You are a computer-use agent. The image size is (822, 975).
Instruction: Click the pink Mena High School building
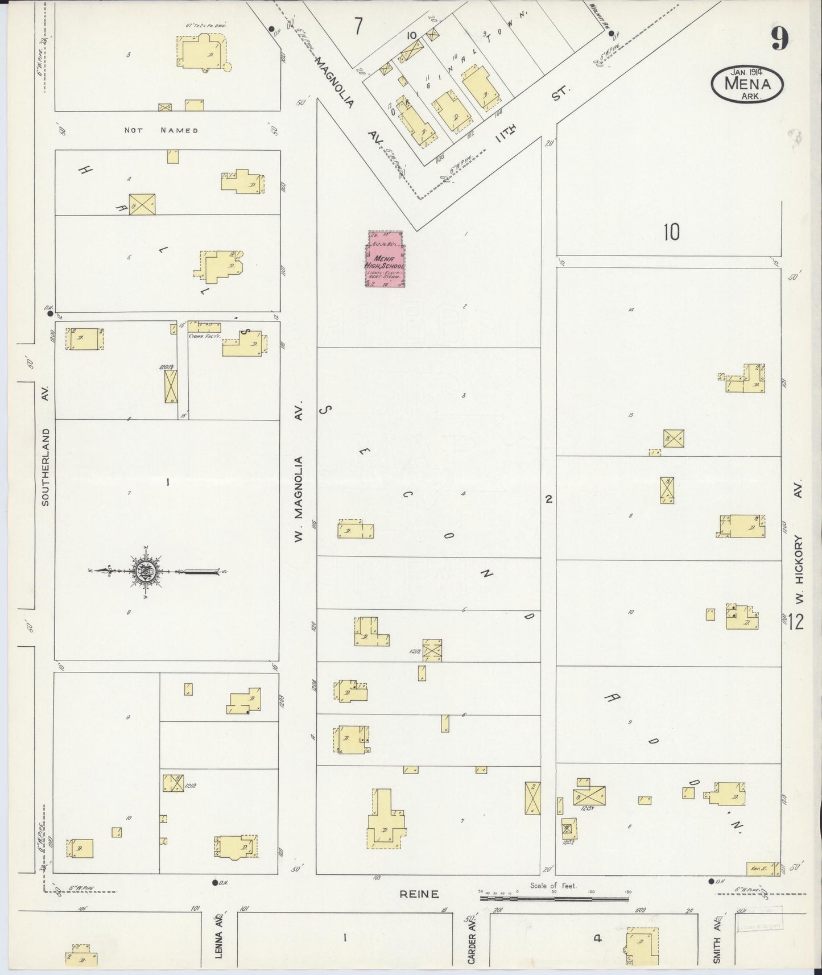(x=384, y=259)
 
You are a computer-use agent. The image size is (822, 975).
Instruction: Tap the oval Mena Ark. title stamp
(x=747, y=84)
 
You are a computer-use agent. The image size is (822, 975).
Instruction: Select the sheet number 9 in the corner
(x=779, y=39)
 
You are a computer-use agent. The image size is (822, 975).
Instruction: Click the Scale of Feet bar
(x=555, y=898)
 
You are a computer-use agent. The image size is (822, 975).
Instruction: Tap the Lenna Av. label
(x=218, y=940)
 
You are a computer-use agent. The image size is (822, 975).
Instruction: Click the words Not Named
(x=162, y=130)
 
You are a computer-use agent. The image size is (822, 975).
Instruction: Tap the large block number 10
(x=671, y=232)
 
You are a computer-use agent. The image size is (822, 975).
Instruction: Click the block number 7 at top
(x=357, y=27)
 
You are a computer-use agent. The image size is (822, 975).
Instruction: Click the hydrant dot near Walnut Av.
(x=612, y=34)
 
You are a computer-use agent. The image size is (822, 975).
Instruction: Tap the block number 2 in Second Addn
(x=548, y=499)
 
